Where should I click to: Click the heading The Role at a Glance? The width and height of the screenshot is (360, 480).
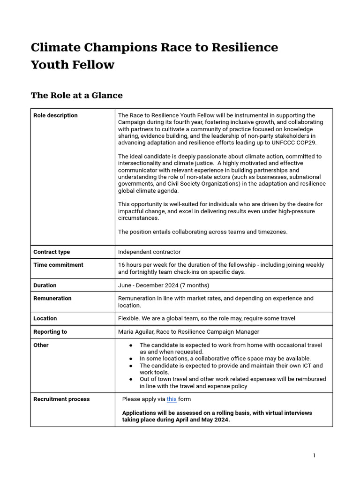click(77, 95)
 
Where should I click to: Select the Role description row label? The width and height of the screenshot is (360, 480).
click(55, 115)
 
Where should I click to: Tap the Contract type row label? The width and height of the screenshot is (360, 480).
click(52, 252)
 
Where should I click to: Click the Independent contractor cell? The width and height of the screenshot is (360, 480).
click(149, 252)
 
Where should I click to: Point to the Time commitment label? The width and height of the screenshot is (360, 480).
click(58, 265)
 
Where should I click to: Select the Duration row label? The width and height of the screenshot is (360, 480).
click(45, 285)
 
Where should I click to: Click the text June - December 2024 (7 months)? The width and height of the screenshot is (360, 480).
click(164, 285)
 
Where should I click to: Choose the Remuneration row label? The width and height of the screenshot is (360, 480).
click(52, 298)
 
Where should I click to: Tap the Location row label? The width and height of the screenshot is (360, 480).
click(45, 318)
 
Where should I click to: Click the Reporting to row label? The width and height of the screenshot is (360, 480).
click(50, 331)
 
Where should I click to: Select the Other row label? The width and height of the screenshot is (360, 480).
click(41, 345)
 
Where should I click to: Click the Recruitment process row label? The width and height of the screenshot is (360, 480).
click(61, 399)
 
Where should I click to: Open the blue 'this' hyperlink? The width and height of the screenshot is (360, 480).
click(172, 399)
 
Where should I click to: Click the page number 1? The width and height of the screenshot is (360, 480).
click(314, 455)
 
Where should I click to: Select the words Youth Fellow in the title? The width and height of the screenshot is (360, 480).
click(73, 65)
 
